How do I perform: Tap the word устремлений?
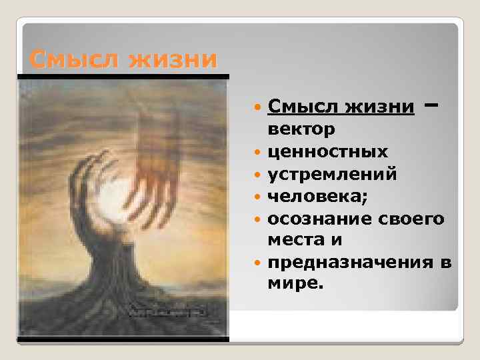[333, 173]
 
